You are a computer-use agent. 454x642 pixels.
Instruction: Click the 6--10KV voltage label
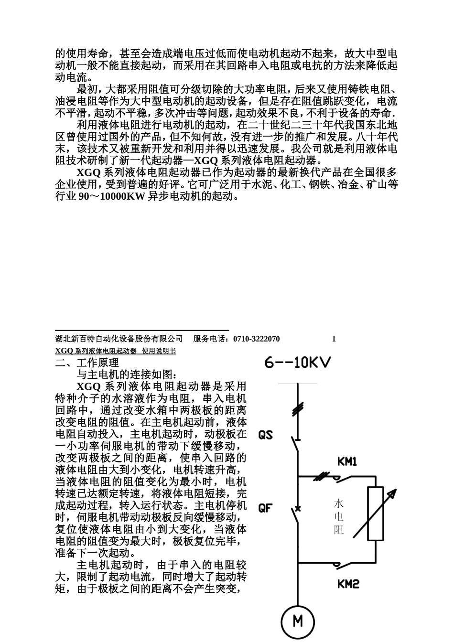tap(298, 363)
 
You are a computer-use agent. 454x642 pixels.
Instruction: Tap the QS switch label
tap(265, 435)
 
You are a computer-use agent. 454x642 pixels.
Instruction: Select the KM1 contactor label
tap(347, 461)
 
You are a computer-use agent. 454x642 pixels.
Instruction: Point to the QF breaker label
tap(265, 508)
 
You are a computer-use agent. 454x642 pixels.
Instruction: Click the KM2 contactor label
tap(348, 584)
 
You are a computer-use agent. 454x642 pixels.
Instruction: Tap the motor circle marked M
tap(297, 621)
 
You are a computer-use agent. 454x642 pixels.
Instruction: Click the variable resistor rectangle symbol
tap(375, 514)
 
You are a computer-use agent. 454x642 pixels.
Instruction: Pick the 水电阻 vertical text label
tap(339, 516)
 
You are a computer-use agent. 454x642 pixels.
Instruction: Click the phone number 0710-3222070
tap(257, 339)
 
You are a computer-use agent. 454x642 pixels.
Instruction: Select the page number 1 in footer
tap(334, 339)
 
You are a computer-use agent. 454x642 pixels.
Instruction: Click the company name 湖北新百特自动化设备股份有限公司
tap(119, 339)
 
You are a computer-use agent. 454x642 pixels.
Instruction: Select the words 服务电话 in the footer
tap(210, 339)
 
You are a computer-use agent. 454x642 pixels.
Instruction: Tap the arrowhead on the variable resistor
tap(393, 494)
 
